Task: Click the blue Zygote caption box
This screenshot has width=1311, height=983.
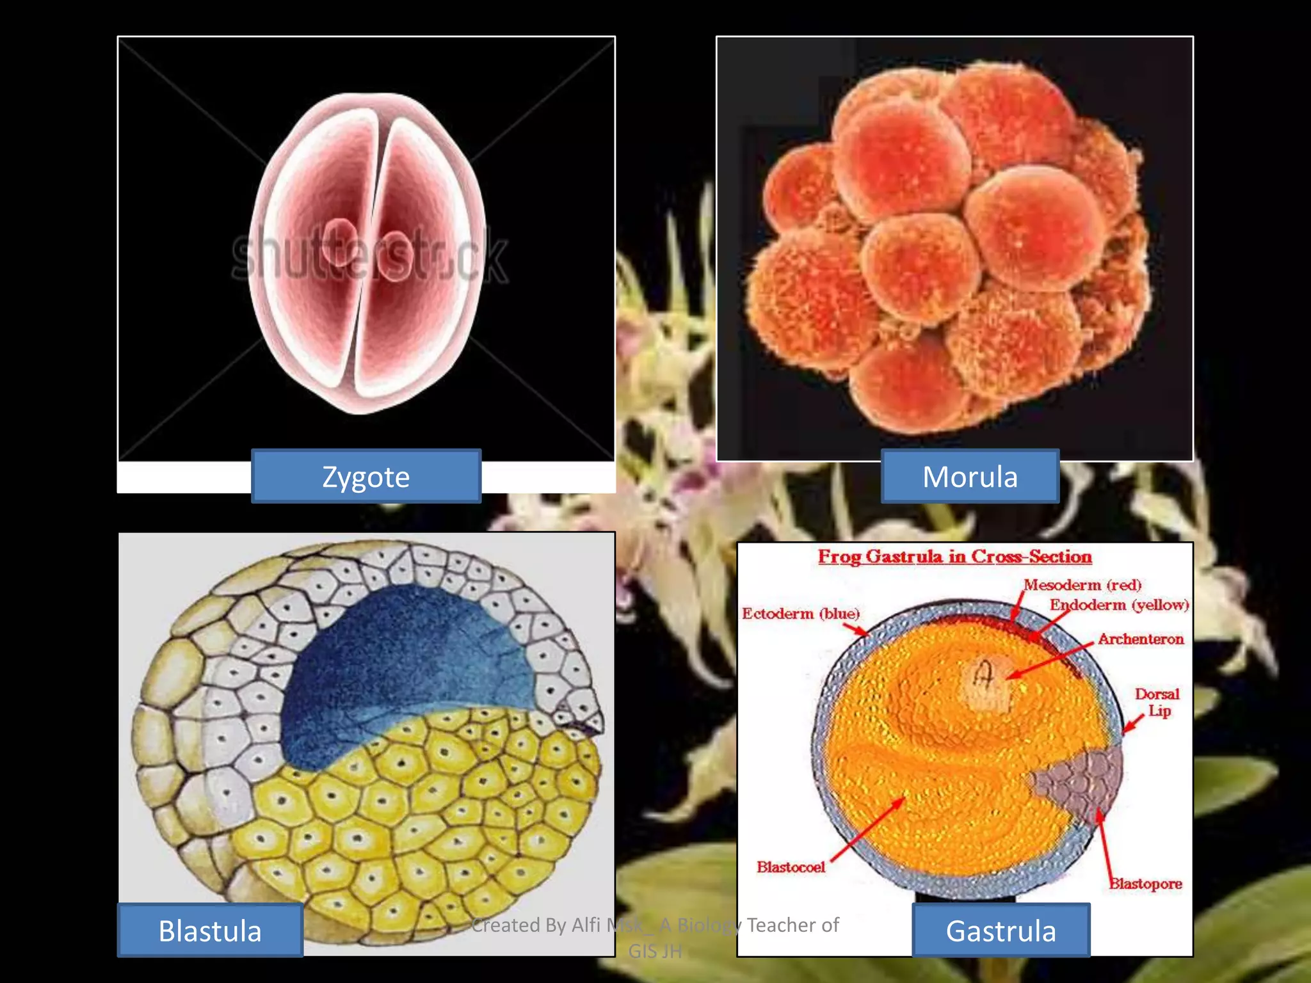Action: point(366,477)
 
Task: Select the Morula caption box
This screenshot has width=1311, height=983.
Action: point(970,477)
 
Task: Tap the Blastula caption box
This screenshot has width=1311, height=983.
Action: point(210,931)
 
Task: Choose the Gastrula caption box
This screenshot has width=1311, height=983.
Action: point(1001,931)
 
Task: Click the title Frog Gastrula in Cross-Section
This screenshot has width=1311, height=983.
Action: point(954,557)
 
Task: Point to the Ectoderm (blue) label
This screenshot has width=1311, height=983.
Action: point(800,614)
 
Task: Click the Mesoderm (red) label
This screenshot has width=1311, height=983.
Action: point(1082,585)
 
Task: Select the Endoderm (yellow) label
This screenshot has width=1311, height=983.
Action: point(1119,605)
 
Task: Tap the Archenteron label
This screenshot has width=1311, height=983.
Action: point(1141,639)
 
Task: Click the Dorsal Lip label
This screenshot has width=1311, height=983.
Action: point(1157,702)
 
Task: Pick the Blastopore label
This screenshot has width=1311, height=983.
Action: point(1145,884)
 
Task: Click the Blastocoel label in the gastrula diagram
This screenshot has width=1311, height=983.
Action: point(791,867)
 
